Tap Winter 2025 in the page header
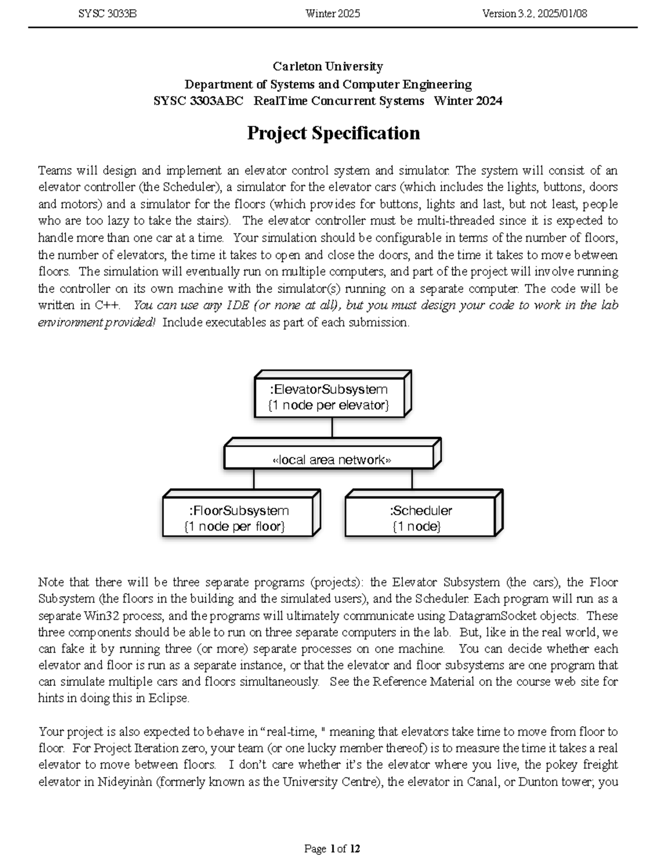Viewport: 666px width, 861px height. [332, 14]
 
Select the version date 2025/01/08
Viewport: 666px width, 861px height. [561, 14]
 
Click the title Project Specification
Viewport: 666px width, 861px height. [333, 133]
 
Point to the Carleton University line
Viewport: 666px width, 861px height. [327, 67]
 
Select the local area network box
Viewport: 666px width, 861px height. [331, 460]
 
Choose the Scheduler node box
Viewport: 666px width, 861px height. [421, 518]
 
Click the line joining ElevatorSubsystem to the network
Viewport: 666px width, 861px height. [332, 428]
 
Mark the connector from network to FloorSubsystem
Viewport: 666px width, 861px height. [254, 480]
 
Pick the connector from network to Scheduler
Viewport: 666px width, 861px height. [412, 480]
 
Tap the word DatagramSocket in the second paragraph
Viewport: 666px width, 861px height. [536, 615]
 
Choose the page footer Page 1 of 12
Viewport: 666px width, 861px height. [332, 849]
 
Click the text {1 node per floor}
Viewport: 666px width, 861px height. [234, 526]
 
